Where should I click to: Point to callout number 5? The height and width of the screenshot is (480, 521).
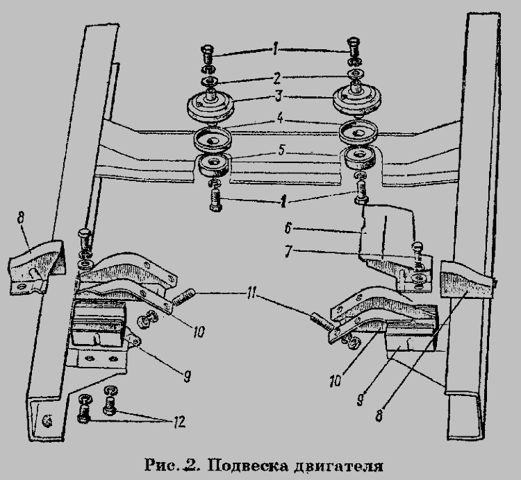[x=282, y=151]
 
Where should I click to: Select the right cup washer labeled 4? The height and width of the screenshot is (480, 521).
[x=358, y=132]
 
